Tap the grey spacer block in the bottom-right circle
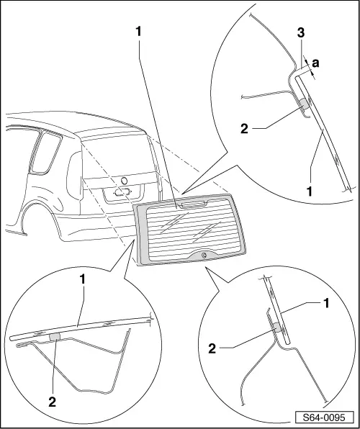[x=277, y=328]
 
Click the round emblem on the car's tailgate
[x=123, y=180]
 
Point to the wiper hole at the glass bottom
[x=204, y=255]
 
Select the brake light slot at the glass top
[x=190, y=204]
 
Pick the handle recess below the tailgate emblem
[x=122, y=192]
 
